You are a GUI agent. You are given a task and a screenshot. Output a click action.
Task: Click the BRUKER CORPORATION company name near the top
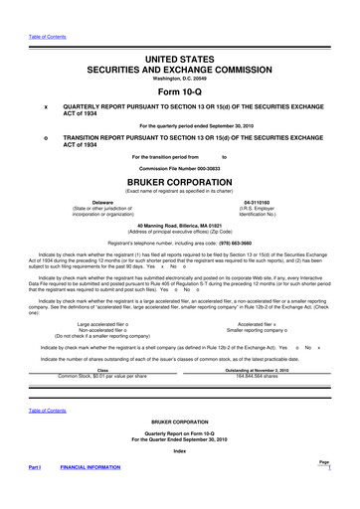coord(180,182)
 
